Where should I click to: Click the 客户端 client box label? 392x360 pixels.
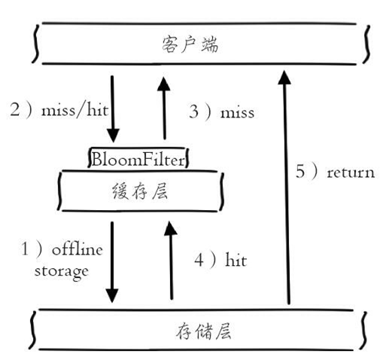click(190, 44)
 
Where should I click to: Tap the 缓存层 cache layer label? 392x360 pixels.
click(140, 191)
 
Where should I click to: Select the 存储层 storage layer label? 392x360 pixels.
click(203, 331)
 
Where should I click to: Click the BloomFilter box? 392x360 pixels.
click(138, 158)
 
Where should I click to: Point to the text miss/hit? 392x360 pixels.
click(75, 110)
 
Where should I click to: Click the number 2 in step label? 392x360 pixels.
click(15, 110)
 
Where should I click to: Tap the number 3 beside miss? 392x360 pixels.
click(194, 111)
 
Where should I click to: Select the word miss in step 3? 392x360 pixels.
click(237, 113)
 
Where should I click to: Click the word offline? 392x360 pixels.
click(77, 249)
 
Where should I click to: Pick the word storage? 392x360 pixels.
click(62, 271)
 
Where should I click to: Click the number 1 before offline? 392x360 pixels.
click(25, 249)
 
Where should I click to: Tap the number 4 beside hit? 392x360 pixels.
click(199, 260)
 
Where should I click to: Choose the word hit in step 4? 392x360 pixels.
click(236, 260)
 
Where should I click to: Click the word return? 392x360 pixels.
click(351, 173)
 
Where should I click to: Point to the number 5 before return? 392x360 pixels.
click(300, 171)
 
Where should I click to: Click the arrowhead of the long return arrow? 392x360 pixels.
click(284, 77)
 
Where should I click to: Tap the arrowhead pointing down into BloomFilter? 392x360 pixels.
click(113, 136)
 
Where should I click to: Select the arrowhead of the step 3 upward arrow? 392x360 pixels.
click(164, 84)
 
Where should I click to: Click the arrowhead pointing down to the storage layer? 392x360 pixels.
click(112, 296)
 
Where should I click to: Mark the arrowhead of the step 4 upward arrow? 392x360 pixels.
click(171, 228)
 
